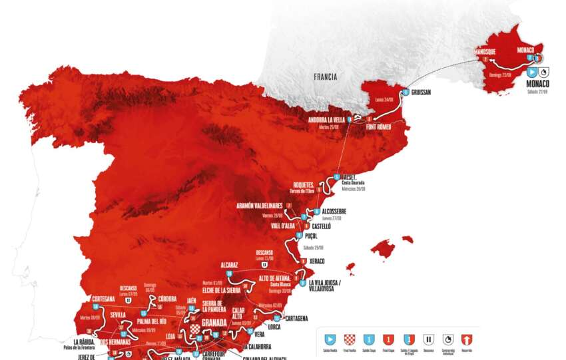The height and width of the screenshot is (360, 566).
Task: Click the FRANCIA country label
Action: pos(326,77)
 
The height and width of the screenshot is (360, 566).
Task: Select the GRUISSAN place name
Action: pos(424,92)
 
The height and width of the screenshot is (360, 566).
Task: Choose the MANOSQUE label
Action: pos(488,51)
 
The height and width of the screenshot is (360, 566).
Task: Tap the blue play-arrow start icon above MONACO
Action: pos(532,71)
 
